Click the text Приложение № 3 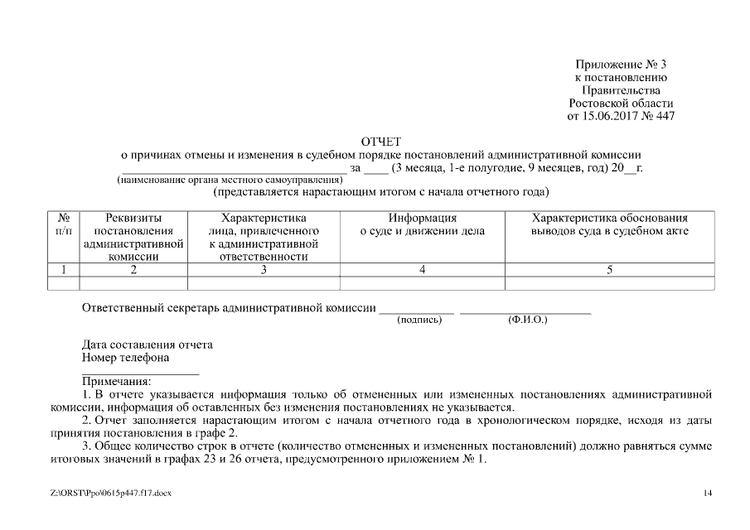(x=621, y=65)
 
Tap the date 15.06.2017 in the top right (x=612, y=116)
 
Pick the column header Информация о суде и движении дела (x=423, y=225)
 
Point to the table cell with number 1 (x=63, y=269)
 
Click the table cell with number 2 (x=133, y=269)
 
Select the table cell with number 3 (x=264, y=269)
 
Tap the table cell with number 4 (x=423, y=269)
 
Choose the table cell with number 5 (x=609, y=269)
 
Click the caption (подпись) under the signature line (x=420, y=320)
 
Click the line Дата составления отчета (x=148, y=344)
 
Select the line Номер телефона (x=126, y=358)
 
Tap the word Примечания (x=116, y=382)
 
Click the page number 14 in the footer (x=708, y=494)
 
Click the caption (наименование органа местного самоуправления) (x=230, y=180)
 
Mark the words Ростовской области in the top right (x=621, y=103)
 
